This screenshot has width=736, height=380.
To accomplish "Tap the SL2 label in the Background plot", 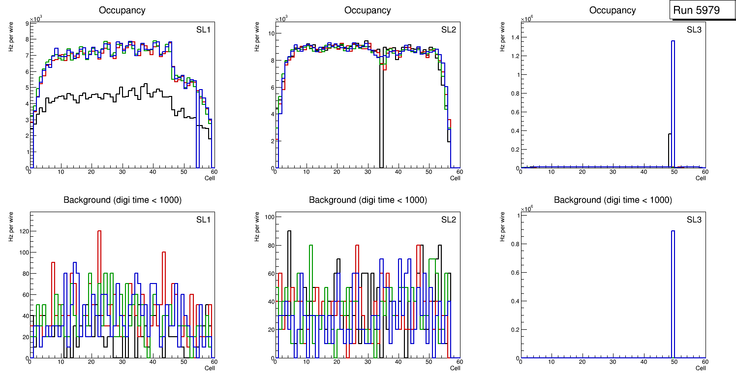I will point(448,220).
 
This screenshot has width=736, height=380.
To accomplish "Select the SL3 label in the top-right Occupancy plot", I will point(694,30).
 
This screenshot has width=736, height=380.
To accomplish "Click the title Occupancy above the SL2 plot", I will point(368,10).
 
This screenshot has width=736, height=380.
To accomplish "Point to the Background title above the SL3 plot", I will point(613,200).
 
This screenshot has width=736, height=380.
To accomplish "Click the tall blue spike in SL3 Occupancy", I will point(673,98).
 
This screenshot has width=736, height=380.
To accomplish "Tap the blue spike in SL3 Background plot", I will point(673,295).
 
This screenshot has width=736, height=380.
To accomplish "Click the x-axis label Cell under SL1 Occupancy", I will point(210,178).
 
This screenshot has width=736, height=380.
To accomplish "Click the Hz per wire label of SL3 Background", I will point(502,226).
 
